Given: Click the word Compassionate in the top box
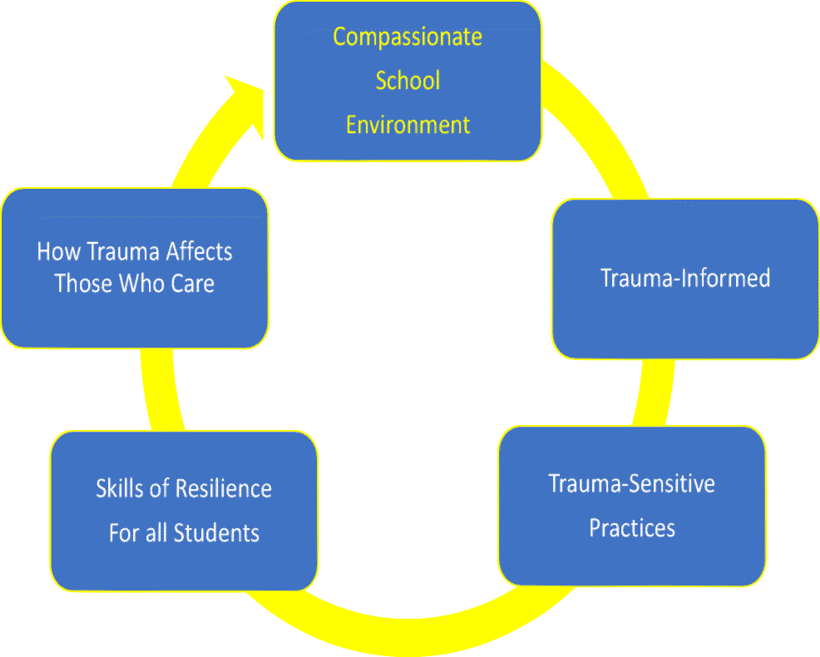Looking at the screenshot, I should (408, 37).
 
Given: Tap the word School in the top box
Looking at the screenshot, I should (408, 81).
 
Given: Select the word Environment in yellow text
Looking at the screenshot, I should (408, 125).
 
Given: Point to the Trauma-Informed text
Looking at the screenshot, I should (685, 277).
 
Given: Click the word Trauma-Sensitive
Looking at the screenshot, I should (631, 483).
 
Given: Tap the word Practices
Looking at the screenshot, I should (631, 527).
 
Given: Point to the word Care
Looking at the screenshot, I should (193, 284).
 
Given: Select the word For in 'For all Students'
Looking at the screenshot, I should (123, 532).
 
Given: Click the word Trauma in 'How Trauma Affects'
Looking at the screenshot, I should (116, 251).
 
